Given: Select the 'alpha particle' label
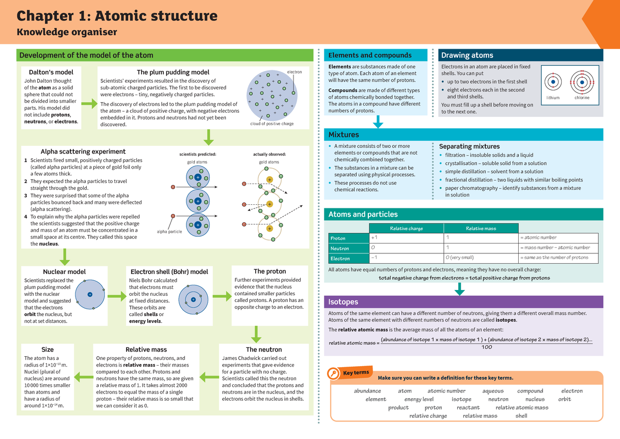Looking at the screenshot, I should pyautogui.click(x=169, y=232).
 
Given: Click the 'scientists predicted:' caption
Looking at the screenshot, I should pyautogui.click(x=197, y=154).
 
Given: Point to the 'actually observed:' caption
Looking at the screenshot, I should pyautogui.click(x=269, y=154).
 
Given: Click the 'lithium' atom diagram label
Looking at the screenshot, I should pyautogui.click(x=553, y=97).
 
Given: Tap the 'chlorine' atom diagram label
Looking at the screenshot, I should pyautogui.click(x=582, y=97).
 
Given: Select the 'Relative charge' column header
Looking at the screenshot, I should pyautogui.click(x=406, y=229).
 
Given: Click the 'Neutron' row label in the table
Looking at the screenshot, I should pyautogui.click(x=340, y=248).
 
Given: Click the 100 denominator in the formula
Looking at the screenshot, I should pyautogui.click(x=486, y=347).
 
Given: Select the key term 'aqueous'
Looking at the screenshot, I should pyautogui.click(x=493, y=391).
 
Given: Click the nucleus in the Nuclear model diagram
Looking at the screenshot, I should pyautogui.click(x=89, y=294).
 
